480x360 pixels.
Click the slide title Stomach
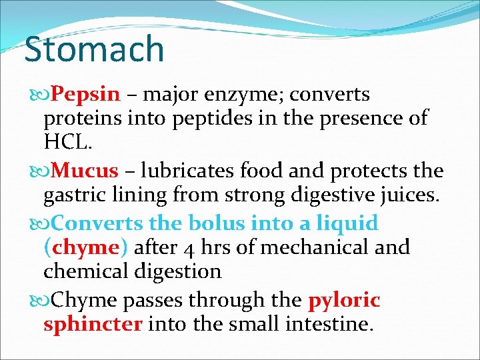94,50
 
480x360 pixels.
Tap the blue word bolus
219,223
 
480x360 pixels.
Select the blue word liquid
346,223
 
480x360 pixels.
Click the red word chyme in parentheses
85,248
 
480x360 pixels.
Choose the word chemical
85,272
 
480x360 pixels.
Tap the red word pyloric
344,301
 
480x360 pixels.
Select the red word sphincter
93,325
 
